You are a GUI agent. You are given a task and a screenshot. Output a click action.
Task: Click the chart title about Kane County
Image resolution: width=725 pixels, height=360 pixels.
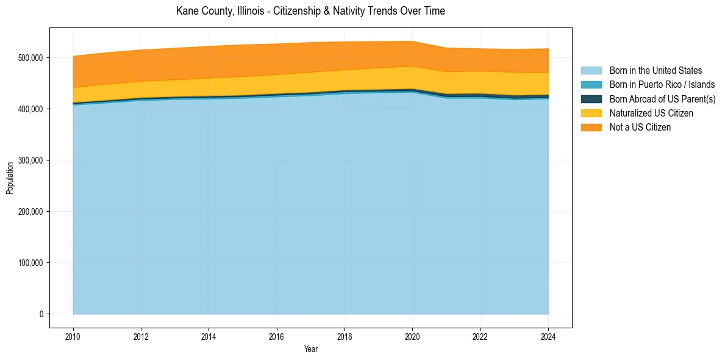[x=310, y=11]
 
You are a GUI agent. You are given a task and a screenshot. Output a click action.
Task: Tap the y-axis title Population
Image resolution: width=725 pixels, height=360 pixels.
[x=10, y=178]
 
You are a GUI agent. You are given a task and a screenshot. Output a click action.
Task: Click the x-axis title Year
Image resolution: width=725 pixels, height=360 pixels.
[x=310, y=349]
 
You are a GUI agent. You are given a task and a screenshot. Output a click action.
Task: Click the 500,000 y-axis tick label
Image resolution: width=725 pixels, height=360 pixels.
[x=30, y=58]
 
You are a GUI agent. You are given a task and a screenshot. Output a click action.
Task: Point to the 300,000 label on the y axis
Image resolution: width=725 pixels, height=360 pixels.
[x=30, y=160]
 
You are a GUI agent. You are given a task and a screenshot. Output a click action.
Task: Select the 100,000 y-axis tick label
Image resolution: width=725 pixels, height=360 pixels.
[x=30, y=263]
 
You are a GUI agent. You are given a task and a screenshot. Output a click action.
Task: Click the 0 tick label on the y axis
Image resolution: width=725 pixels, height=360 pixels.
[x=41, y=314]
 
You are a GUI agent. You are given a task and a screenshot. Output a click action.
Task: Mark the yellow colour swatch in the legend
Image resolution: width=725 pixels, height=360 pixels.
[x=591, y=113]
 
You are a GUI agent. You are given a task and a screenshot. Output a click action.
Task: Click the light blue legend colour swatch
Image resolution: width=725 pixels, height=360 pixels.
[x=591, y=71]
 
